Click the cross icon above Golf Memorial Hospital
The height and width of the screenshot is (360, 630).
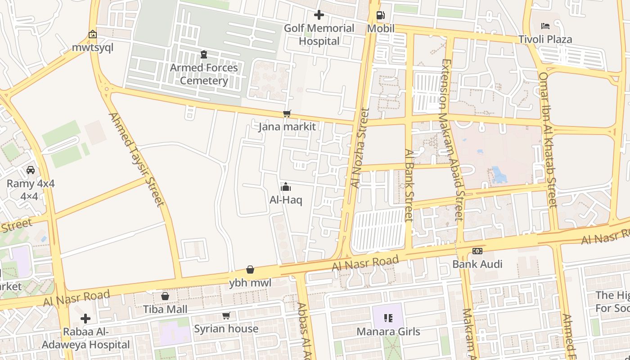point(319,15)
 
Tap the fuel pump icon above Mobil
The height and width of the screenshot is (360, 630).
point(380,16)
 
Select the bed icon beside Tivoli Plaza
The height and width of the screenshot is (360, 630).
point(545,26)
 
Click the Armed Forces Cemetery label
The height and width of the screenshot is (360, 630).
point(204,74)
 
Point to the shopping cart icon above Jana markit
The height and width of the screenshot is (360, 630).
point(287,114)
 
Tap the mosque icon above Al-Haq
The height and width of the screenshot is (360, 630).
point(286,187)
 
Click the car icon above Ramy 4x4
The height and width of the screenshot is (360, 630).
point(31,170)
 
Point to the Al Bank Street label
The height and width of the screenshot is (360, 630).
point(409,185)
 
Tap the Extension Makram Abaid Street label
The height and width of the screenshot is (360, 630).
point(452,139)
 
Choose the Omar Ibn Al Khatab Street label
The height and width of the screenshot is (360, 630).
point(548,139)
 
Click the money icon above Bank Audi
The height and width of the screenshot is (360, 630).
point(477,251)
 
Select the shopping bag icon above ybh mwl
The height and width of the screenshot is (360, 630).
point(250,270)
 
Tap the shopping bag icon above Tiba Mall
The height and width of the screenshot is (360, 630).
point(165,296)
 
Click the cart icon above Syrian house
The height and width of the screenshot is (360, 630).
point(226,316)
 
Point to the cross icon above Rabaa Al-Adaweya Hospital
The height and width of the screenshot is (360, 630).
point(85,319)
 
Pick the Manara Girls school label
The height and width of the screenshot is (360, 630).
point(388,332)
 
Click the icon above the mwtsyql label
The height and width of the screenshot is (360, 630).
point(93,34)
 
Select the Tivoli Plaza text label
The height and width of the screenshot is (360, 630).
point(545,39)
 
